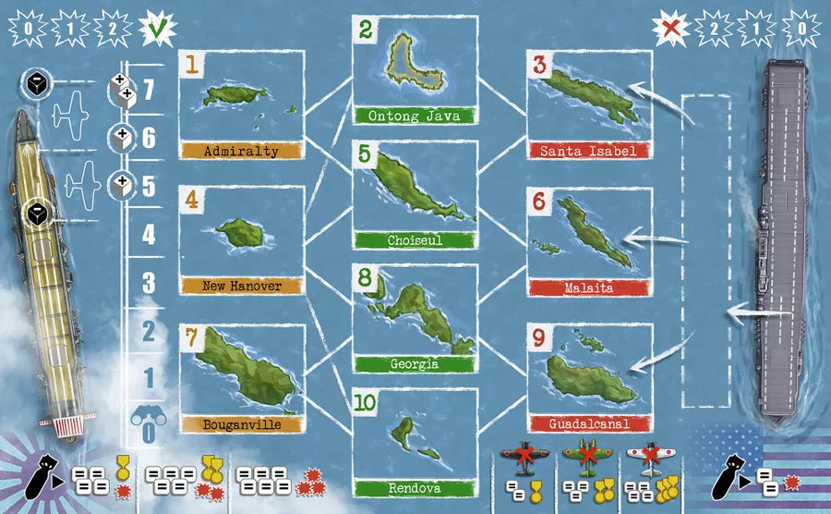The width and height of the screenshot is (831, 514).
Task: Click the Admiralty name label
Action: [242, 151]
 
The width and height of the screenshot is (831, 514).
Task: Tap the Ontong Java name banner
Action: [415, 116]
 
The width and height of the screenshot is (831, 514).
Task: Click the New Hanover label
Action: [242, 287]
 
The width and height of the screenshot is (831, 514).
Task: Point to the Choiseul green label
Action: [415, 240]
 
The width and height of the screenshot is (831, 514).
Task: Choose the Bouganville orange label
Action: [242, 424]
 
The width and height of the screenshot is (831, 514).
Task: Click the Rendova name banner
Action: [415, 488]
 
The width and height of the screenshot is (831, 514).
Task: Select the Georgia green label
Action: [415, 364]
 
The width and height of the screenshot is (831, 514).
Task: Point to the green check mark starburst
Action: [158, 28]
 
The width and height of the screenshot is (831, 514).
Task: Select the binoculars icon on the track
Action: [148, 418]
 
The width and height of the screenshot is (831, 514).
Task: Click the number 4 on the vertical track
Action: [148, 235]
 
